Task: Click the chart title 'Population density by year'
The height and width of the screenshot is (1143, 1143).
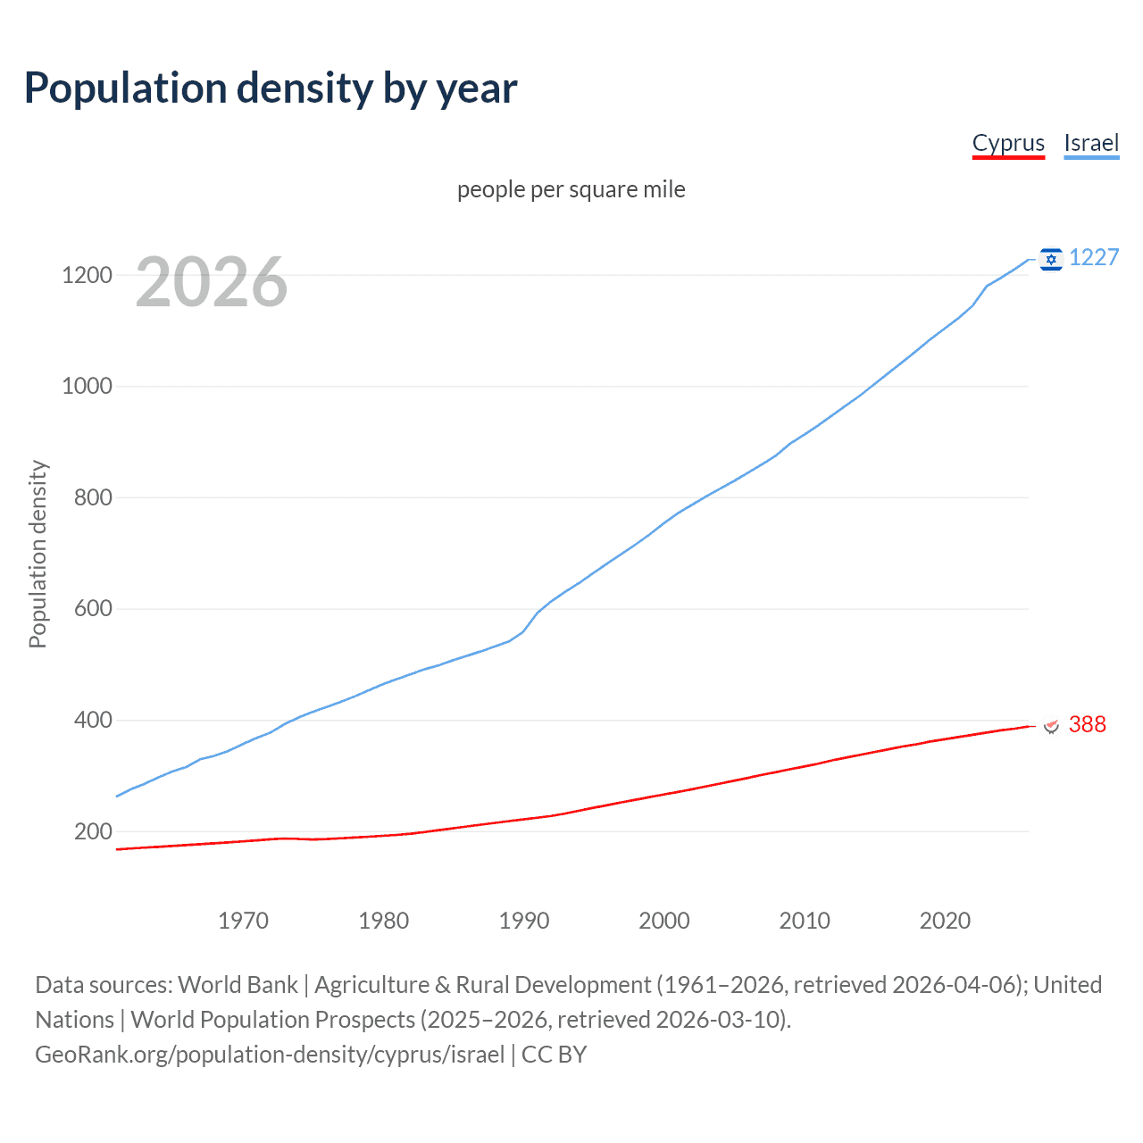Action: pyautogui.click(x=271, y=88)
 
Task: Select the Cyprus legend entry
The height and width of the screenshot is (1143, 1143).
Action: pyautogui.click(x=1008, y=143)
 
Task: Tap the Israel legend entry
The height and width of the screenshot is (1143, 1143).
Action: pyautogui.click(x=1091, y=143)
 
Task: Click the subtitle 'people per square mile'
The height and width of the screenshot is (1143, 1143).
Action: pyautogui.click(x=571, y=189)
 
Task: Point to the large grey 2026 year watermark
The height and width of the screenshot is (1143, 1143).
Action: pyautogui.click(x=212, y=282)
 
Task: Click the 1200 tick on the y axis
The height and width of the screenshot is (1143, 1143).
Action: pyautogui.click(x=87, y=275)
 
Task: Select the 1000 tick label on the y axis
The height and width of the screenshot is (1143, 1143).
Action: pyautogui.click(x=87, y=387)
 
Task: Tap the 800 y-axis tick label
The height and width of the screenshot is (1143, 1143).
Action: pyautogui.click(x=93, y=497)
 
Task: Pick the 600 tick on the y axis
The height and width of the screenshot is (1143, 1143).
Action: pyautogui.click(x=93, y=609)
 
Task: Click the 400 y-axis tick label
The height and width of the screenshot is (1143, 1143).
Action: pyautogui.click(x=93, y=720)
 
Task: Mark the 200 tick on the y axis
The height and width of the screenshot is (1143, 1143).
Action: pyautogui.click(x=93, y=831)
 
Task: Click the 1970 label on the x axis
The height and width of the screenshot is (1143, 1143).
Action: pyautogui.click(x=243, y=921)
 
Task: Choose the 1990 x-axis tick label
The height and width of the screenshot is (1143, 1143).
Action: pyautogui.click(x=524, y=921)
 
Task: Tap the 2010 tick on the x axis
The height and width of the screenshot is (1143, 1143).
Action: pyautogui.click(x=805, y=921)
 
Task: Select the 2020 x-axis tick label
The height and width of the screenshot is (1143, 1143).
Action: pyautogui.click(x=945, y=921)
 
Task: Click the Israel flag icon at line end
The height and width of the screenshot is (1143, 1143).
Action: pyautogui.click(x=1051, y=259)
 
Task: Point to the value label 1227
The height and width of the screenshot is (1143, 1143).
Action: pyautogui.click(x=1094, y=257)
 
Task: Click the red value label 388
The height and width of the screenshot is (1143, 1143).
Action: pyautogui.click(x=1087, y=724)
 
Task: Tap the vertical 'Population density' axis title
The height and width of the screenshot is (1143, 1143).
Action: pyautogui.click(x=38, y=554)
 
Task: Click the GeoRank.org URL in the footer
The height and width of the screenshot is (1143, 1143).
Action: pyautogui.click(x=270, y=1055)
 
